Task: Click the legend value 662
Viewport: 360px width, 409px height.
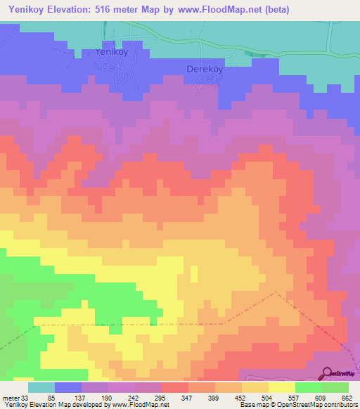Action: click(x=346, y=397)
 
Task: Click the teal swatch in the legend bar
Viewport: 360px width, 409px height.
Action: click(x=41, y=387)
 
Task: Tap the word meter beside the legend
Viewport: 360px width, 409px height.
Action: click(x=11, y=397)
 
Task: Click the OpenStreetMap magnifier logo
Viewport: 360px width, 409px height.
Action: click(x=328, y=372)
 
